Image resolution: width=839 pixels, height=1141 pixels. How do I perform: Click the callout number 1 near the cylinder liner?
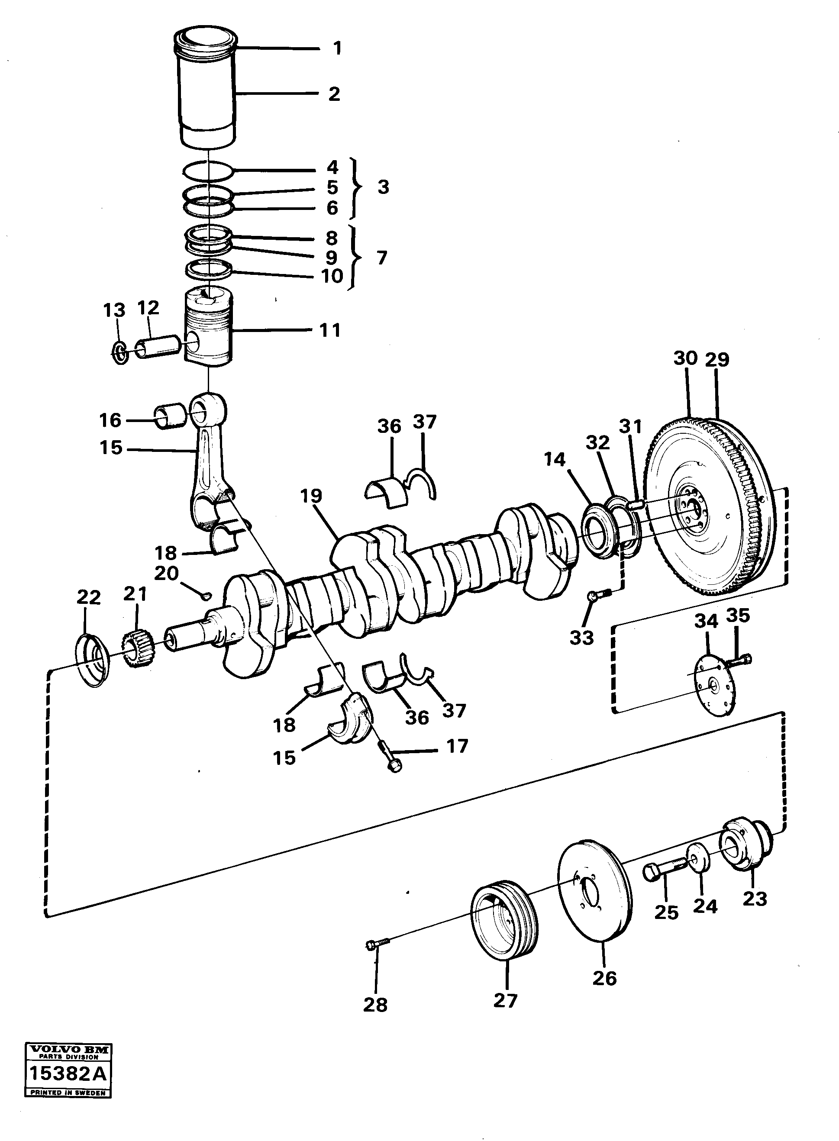(337, 49)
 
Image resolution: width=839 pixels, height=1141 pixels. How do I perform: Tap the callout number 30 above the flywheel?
(685, 358)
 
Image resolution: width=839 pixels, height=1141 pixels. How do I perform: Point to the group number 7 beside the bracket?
(382, 258)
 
